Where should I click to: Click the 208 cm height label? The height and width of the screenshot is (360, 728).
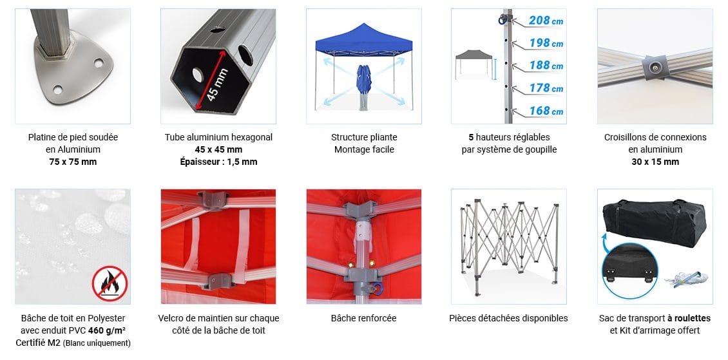(546, 21)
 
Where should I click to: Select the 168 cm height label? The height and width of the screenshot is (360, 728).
(546, 111)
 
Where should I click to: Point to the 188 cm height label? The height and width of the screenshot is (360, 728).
(546, 66)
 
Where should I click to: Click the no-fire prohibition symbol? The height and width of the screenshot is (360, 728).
(110, 283)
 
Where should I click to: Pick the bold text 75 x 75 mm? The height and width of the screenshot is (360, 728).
(73, 162)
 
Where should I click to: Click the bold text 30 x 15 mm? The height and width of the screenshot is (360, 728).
(655, 162)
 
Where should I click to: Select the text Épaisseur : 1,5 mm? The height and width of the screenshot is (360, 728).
(218, 162)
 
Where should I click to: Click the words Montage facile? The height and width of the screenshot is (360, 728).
(364, 150)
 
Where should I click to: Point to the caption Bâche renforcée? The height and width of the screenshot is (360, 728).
(363, 319)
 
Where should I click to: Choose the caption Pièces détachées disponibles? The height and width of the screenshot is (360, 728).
(508, 319)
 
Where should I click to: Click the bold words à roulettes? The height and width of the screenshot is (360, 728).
(689, 319)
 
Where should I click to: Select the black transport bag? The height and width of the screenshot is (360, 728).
(655, 223)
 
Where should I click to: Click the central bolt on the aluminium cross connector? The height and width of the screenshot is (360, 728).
(655, 68)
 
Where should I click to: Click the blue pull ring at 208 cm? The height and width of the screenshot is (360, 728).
(502, 20)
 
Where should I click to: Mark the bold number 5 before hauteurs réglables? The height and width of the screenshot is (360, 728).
(471, 137)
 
